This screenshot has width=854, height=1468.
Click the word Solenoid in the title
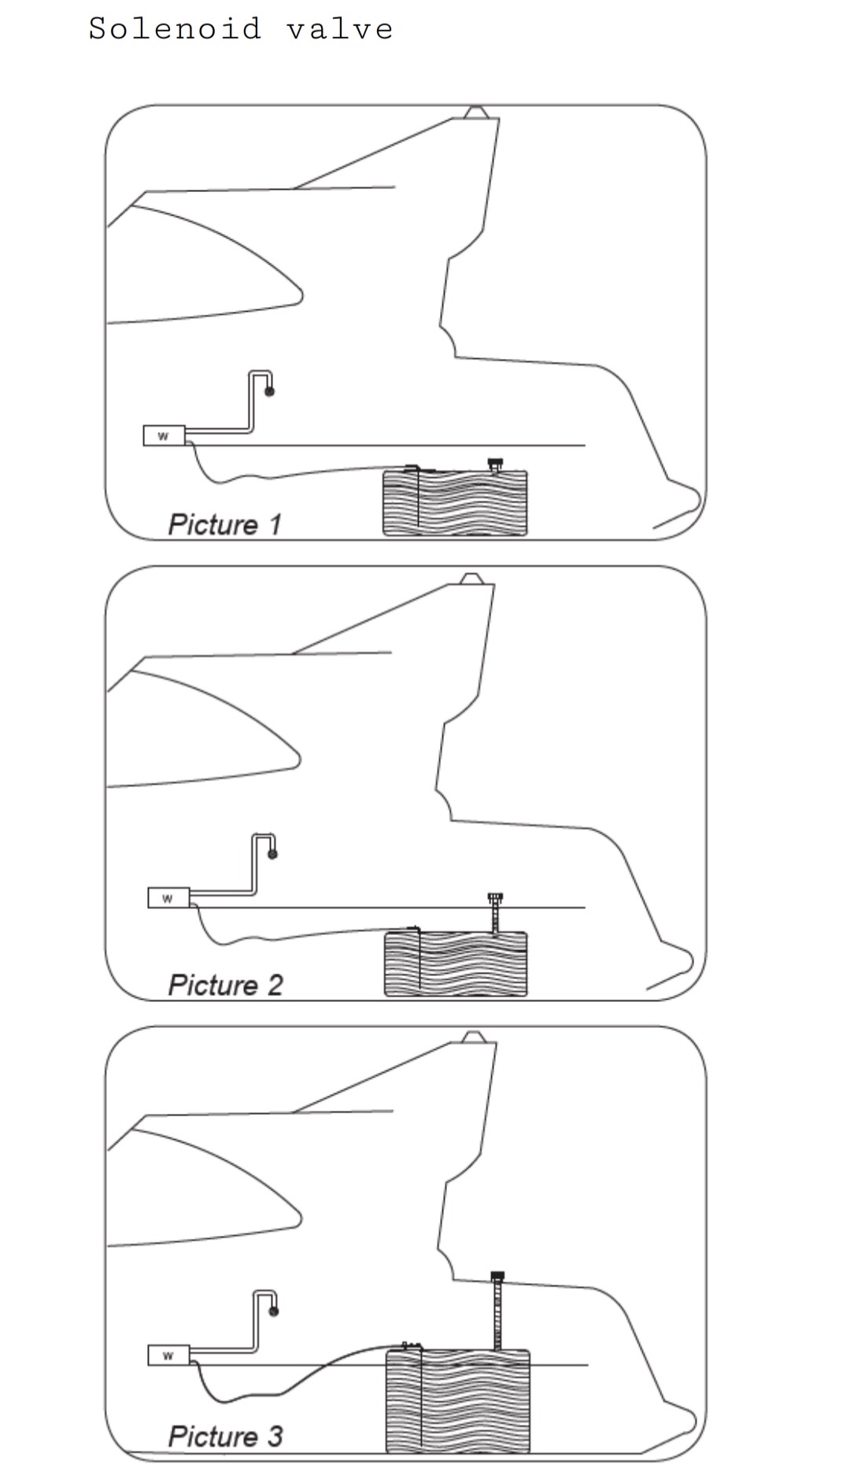pyautogui.click(x=174, y=29)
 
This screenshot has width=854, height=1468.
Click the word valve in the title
pyautogui.click(x=339, y=29)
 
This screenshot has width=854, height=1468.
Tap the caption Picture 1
pyautogui.click(x=224, y=524)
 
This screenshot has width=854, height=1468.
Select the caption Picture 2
pyautogui.click(x=225, y=985)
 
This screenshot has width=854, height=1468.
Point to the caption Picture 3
pyautogui.click(x=225, y=1436)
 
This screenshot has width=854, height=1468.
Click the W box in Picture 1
pyautogui.click(x=164, y=435)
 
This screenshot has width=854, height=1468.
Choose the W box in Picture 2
pyautogui.click(x=168, y=897)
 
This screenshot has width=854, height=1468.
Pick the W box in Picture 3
pyautogui.click(x=168, y=1355)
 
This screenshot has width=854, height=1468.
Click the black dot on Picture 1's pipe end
pyautogui.click(x=269, y=391)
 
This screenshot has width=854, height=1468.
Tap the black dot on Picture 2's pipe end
pyautogui.click(x=272, y=854)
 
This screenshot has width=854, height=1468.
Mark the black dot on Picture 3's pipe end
pyautogui.click(x=274, y=1311)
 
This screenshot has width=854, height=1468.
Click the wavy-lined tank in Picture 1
pyautogui.click(x=455, y=503)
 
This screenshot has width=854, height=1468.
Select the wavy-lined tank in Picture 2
pyautogui.click(x=456, y=964)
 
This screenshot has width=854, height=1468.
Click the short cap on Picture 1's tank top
pyautogui.click(x=495, y=465)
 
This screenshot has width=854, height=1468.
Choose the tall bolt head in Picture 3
pyautogui.click(x=497, y=1275)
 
